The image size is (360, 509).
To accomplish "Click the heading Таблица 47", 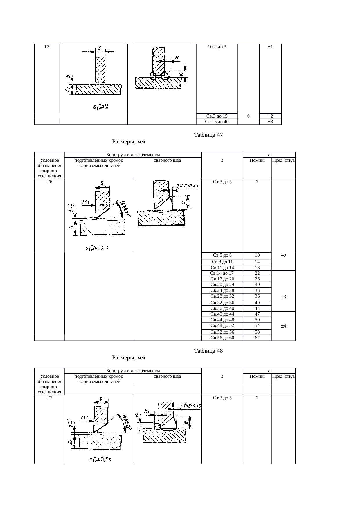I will click(208, 135).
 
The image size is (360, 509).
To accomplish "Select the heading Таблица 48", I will click(208, 351).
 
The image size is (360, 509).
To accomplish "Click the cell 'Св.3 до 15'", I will click(217, 116).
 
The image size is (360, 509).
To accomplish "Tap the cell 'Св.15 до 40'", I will click(217, 122).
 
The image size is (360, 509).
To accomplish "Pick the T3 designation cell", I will click(46, 47).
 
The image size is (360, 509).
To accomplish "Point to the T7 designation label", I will click(49, 398).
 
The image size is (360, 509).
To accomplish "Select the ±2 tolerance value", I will click(283, 256).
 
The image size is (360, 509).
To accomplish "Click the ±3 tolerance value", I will click(283, 297).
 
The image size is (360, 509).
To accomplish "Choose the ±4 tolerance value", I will click(283, 326).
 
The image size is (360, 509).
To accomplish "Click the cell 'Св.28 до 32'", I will click(222, 296).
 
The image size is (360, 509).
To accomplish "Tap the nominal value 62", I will click(257, 338).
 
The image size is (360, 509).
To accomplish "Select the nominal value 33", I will click(257, 290).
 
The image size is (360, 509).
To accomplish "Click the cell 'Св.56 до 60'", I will click(222, 338).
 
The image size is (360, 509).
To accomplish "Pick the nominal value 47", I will click(257, 314).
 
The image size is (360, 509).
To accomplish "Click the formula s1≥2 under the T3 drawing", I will click(100, 107).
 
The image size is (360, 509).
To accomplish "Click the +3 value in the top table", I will click(270, 122).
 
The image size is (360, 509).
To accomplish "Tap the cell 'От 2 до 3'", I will click(217, 47).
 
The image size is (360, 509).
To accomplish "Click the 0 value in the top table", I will click(248, 116).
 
